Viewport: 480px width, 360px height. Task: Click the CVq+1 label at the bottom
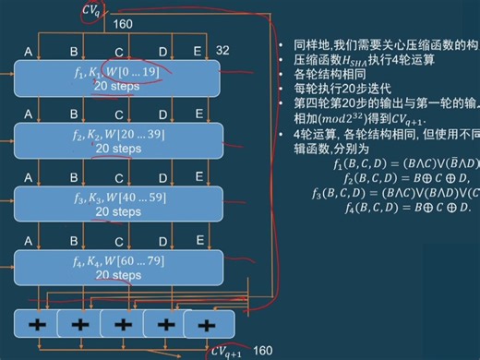pyautogui.click(x=227, y=351)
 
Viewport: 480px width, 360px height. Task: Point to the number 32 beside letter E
pyautogui.click(x=222, y=51)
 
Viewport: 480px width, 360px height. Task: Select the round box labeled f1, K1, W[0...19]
pyautogui.click(x=119, y=78)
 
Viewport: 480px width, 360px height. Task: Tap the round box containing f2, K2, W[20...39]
pyautogui.click(x=119, y=140)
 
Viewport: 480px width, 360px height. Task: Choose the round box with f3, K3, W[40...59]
pyautogui.click(x=119, y=204)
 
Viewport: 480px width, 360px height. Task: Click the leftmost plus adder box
pyautogui.click(x=36, y=324)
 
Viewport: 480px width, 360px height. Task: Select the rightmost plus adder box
pyautogui.click(x=205, y=324)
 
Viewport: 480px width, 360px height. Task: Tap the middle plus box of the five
pyautogui.click(x=121, y=324)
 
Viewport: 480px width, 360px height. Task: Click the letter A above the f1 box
pyautogui.click(x=28, y=51)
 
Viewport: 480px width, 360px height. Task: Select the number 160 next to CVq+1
pyautogui.click(x=262, y=351)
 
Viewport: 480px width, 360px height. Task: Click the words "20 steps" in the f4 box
pyautogui.click(x=118, y=275)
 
